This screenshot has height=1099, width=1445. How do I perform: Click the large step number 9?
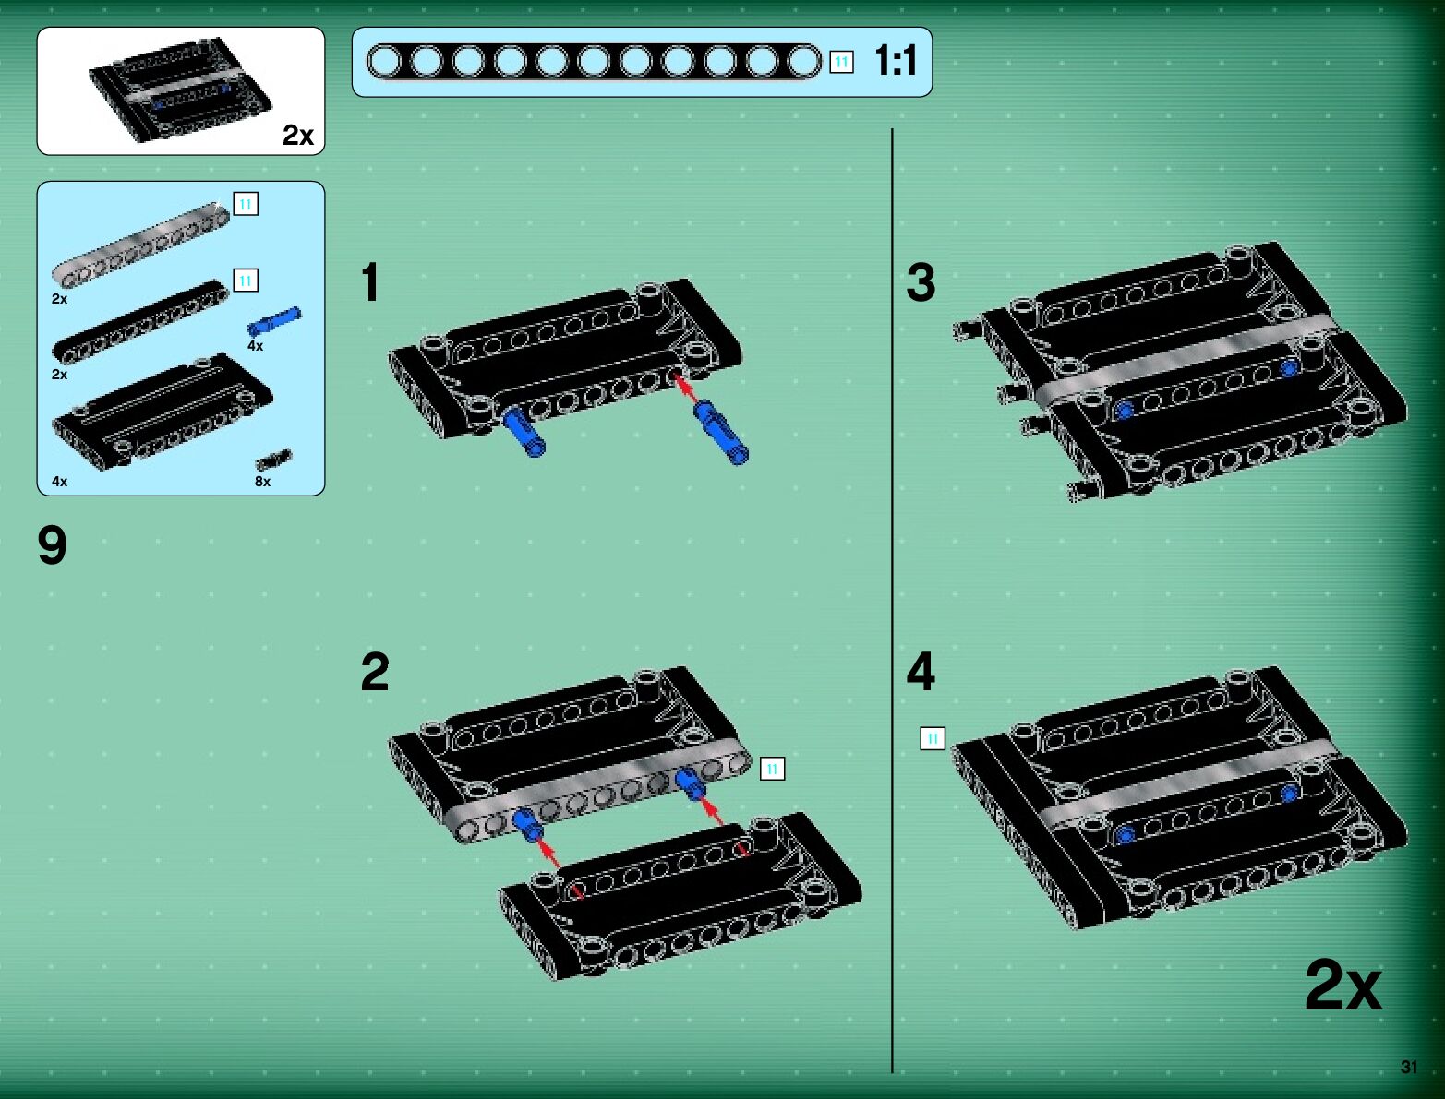pyautogui.click(x=52, y=544)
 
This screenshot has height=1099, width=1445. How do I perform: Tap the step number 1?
pyautogui.click(x=371, y=281)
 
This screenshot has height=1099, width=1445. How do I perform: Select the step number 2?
pyautogui.click(x=375, y=672)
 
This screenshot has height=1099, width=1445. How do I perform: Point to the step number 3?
pyautogui.click(x=921, y=282)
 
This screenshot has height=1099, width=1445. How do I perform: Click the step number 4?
pyautogui.click(x=921, y=672)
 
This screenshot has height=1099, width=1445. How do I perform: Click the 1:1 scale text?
pyautogui.click(x=896, y=61)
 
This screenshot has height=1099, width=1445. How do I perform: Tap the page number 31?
pyautogui.click(x=1409, y=1066)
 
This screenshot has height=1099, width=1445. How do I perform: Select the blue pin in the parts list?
pyautogui.click(x=274, y=322)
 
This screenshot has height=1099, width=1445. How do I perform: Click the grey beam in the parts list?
pyautogui.click(x=141, y=245)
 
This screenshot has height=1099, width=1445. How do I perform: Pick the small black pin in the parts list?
pyautogui.click(x=274, y=459)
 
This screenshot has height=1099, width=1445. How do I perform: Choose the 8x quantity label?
pyautogui.click(x=262, y=482)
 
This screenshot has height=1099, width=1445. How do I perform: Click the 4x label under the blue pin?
pyautogui.click(x=256, y=346)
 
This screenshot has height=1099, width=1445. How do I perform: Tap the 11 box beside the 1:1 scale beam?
pyautogui.click(x=841, y=63)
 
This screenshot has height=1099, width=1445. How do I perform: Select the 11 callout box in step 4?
pyautogui.click(x=933, y=738)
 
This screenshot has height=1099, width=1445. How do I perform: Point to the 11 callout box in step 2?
pyautogui.click(x=772, y=768)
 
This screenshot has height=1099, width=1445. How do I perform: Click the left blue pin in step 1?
pyautogui.click(x=524, y=431)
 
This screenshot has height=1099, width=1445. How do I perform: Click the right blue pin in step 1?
pyautogui.click(x=721, y=433)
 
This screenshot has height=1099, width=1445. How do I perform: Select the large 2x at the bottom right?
pyautogui.click(x=1343, y=985)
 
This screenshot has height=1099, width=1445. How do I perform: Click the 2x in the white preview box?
pyautogui.click(x=298, y=136)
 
